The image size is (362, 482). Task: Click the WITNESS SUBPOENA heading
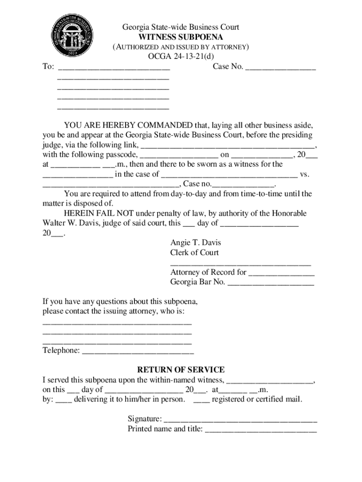point(181,37)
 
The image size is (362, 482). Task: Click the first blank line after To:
point(113,67)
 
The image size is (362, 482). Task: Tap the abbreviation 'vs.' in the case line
point(305,174)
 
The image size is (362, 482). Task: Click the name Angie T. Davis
point(195,243)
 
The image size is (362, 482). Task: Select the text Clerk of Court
point(194,253)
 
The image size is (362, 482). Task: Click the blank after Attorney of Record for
point(281,273)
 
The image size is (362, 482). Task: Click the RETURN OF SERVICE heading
point(181,370)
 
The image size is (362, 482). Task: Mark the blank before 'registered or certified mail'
point(201,400)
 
